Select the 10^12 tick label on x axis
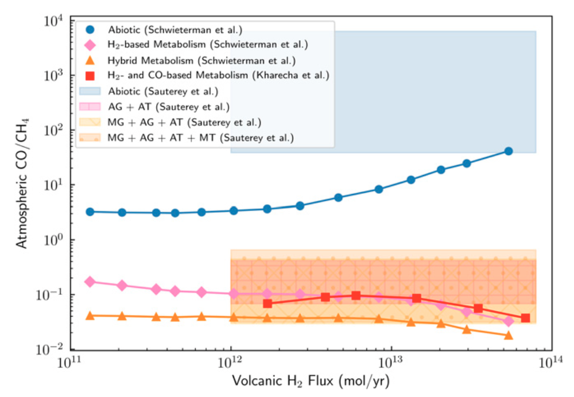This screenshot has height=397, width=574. click(x=231, y=365)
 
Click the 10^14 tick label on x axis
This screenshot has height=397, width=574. click(x=552, y=365)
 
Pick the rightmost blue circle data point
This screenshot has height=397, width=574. click(x=508, y=151)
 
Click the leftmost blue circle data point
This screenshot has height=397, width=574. click(x=90, y=212)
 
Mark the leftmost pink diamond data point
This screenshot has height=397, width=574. click(x=90, y=282)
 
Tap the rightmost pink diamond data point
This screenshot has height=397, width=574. click(x=508, y=321)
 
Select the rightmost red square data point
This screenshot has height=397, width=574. click(x=525, y=318)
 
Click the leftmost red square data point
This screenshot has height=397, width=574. click(x=267, y=303)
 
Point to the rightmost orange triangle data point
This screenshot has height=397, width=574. click(x=508, y=334)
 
